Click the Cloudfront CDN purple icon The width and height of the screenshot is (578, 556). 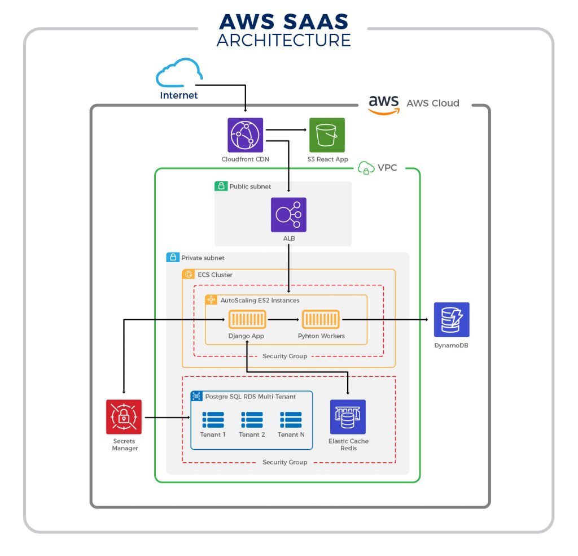(x=245, y=136)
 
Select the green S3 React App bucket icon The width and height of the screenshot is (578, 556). (x=327, y=136)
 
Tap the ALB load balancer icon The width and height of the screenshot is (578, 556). (x=288, y=215)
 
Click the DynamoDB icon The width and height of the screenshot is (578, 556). (x=452, y=320)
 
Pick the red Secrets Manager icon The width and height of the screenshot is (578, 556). (x=124, y=417)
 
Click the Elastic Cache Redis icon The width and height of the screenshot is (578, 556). (x=348, y=417)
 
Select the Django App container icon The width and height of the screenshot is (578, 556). (x=247, y=320)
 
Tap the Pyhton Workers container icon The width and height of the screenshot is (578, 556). (x=321, y=320)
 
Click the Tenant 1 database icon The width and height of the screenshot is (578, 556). (x=213, y=420)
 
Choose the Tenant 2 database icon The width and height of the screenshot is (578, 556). (x=252, y=420)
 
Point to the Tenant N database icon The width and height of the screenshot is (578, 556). (x=291, y=420)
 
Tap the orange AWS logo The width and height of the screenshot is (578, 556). (x=384, y=104)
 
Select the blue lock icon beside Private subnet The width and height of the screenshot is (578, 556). (x=172, y=258)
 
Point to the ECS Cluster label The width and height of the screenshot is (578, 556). (x=215, y=275)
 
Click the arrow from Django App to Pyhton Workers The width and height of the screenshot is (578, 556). (x=283, y=320)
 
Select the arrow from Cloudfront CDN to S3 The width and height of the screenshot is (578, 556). (x=286, y=131)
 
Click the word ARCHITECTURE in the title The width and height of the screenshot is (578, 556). (x=283, y=40)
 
